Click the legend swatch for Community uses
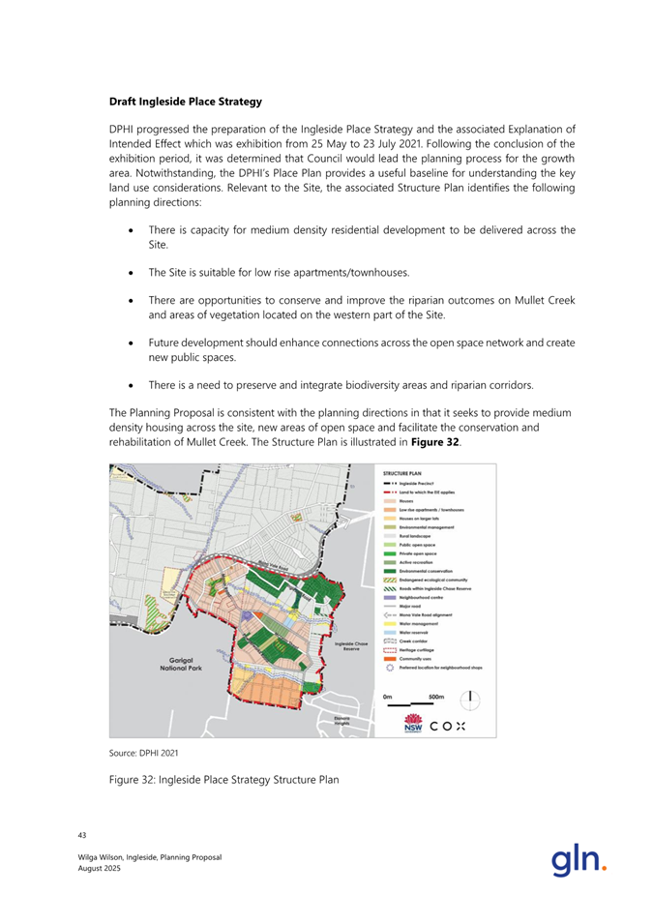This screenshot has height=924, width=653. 390,659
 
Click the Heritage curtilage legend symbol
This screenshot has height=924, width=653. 390,650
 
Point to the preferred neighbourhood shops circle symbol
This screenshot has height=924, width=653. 390,668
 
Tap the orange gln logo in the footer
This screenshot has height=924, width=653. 579,857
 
